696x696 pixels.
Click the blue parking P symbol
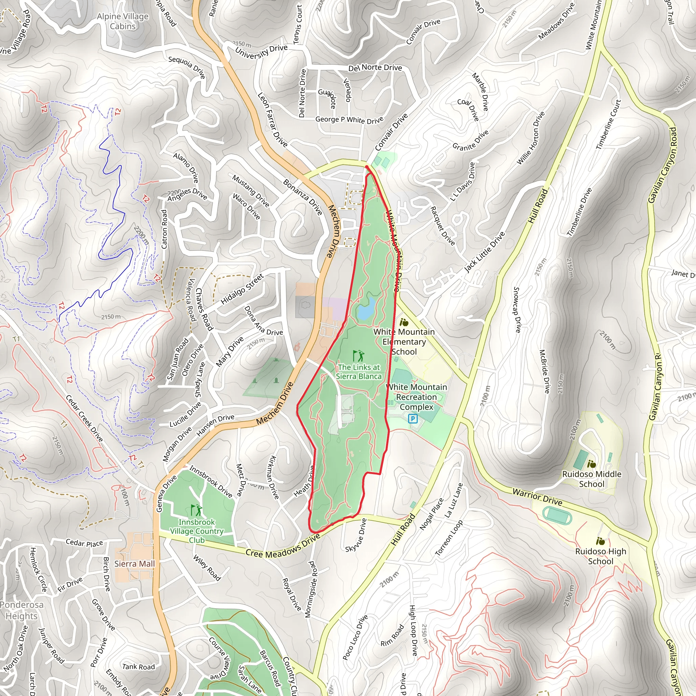point(413,419)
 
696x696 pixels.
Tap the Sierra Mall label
point(134,564)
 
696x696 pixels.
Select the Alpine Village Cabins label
point(123,21)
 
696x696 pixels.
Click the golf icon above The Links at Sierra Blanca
point(358,356)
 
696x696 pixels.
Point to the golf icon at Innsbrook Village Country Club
point(196,510)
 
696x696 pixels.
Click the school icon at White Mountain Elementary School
point(404,322)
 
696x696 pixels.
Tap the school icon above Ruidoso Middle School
point(591,464)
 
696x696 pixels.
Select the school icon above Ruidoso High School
point(600,541)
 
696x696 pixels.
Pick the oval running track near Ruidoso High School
point(557,516)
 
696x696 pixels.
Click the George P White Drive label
point(349,120)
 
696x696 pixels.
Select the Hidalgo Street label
point(242,289)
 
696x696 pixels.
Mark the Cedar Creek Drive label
point(84,418)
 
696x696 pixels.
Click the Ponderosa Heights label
point(22,610)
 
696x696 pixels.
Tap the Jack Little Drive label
point(485,252)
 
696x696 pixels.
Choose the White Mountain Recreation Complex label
point(416,397)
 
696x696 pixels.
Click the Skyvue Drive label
point(356,535)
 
